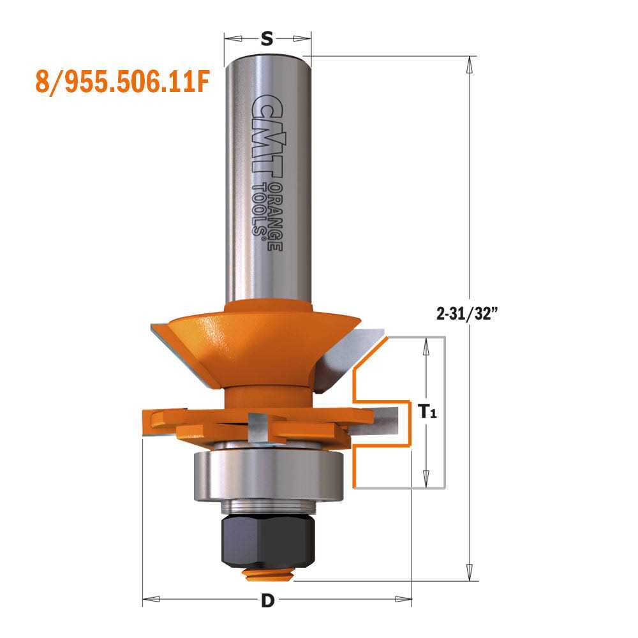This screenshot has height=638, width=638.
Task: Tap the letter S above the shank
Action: click(x=267, y=40)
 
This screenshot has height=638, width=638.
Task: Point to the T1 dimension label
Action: click(x=427, y=413)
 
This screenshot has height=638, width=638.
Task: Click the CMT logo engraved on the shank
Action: click(x=268, y=134)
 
